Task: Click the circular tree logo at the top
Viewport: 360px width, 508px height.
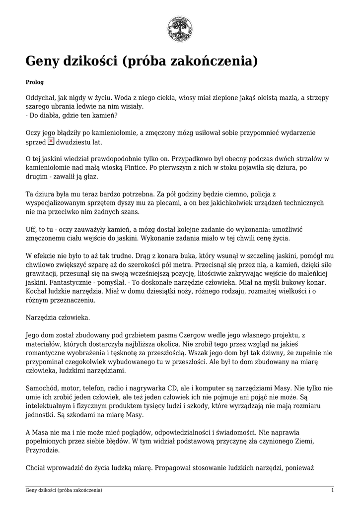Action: pos(180,28)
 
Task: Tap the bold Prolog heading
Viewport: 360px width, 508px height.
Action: pos(35,81)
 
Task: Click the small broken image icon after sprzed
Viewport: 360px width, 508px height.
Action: pos(51,141)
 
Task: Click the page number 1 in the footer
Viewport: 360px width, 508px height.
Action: pos(332,491)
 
